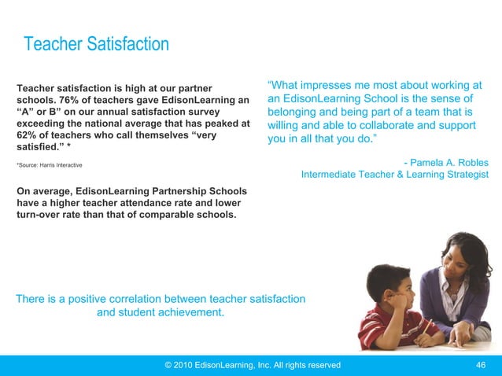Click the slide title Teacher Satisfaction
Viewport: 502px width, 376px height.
point(97,44)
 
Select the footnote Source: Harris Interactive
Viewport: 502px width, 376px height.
point(49,165)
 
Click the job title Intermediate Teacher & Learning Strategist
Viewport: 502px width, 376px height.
point(394,175)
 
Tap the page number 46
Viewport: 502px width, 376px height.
point(482,365)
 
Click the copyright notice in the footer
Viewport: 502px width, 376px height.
point(251,365)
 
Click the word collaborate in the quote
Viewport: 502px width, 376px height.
point(390,126)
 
